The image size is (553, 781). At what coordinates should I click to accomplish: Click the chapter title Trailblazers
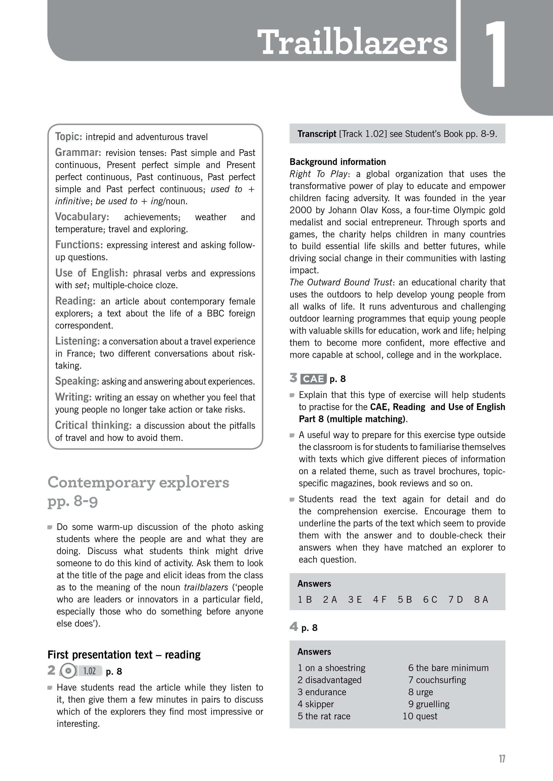coord(352,42)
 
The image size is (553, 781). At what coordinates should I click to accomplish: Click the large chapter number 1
coord(495,54)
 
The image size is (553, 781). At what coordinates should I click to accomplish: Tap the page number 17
coord(502,759)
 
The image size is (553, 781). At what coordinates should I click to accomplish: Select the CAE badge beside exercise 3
coord(313,379)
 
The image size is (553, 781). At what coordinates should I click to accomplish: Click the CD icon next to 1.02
coord(68,671)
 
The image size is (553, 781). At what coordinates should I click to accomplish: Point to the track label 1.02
coord(89,671)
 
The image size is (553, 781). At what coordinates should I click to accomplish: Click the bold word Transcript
coord(317,134)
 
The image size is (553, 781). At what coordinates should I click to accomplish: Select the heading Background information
coord(337,162)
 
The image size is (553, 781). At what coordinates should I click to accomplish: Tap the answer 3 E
coord(355,599)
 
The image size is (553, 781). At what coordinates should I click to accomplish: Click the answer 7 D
coord(455,599)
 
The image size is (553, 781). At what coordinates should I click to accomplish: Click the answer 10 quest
coord(420,716)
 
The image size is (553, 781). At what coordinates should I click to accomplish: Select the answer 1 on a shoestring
coord(331,668)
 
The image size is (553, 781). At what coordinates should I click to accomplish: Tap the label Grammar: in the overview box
coord(78,152)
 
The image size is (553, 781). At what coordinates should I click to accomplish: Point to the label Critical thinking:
coord(93,425)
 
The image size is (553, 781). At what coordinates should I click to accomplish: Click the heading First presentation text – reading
coord(124,654)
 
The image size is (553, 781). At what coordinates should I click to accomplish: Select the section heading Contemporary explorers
coord(138,482)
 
